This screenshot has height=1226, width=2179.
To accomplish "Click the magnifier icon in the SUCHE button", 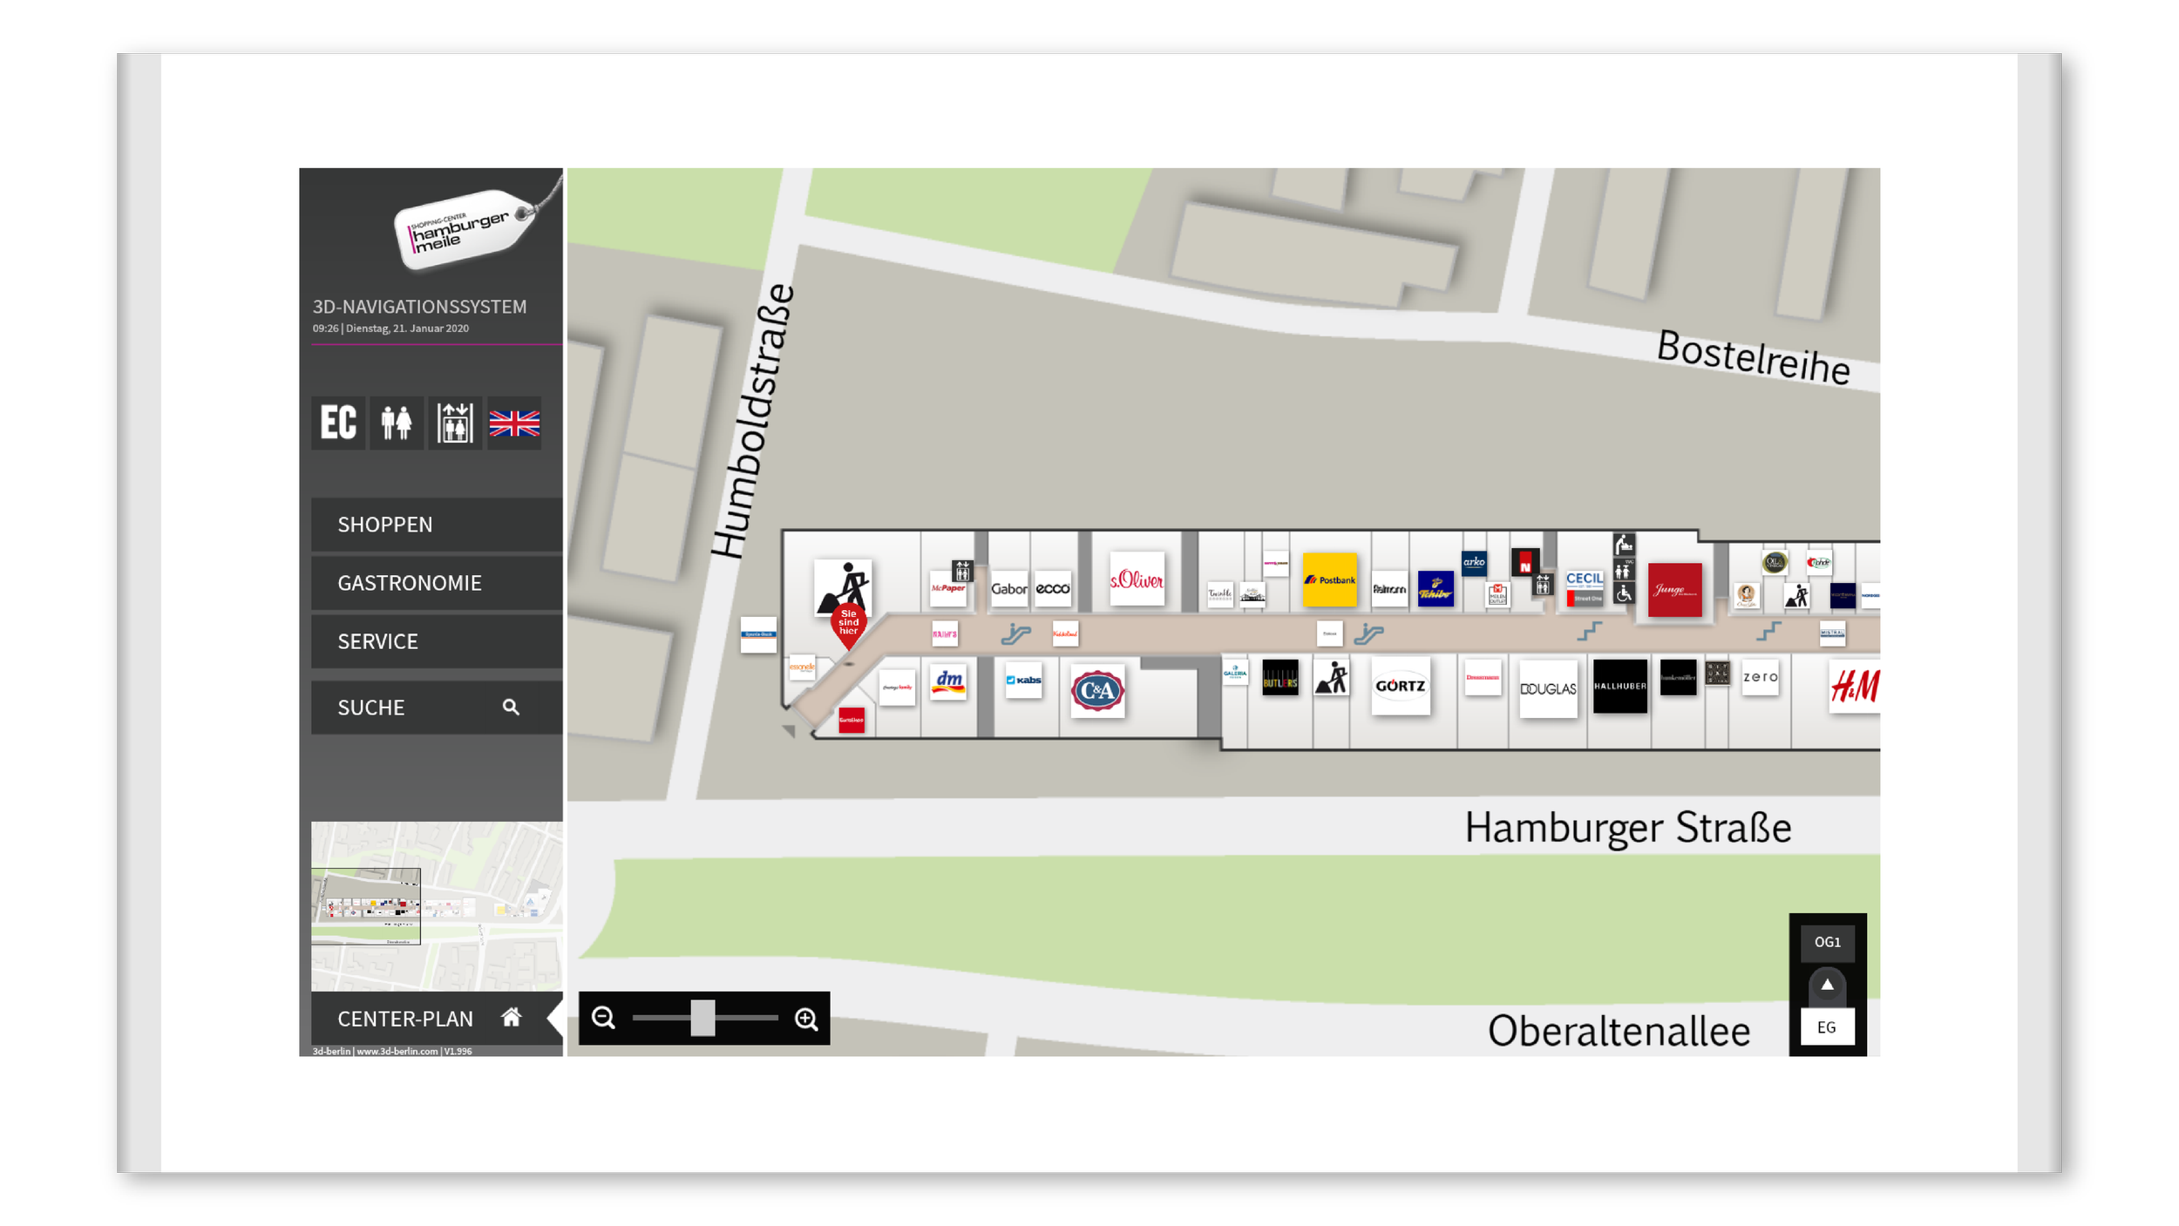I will (511, 708).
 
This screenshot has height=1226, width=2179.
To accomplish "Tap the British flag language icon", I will (514, 423).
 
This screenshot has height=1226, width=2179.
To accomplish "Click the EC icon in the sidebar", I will (338, 423).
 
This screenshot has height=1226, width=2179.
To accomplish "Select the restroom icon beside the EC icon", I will (397, 423).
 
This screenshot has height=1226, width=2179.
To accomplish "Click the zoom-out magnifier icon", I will (603, 1018).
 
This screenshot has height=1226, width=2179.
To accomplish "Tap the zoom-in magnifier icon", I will (806, 1018).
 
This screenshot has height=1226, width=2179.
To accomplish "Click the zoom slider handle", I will (703, 1018).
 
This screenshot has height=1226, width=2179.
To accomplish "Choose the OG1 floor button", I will (1827, 942).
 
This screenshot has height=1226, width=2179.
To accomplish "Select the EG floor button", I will (1827, 1027).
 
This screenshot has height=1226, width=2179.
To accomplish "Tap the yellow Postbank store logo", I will (1329, 579).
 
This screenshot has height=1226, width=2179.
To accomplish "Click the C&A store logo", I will (1096, 691).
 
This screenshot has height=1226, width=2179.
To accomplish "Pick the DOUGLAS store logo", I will (1548, 688).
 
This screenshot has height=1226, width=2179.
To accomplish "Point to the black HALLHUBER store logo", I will (1619, 687).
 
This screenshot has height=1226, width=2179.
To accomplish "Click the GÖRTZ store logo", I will (1400, 687).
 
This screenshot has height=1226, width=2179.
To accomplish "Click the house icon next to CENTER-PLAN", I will (512, 1018).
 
